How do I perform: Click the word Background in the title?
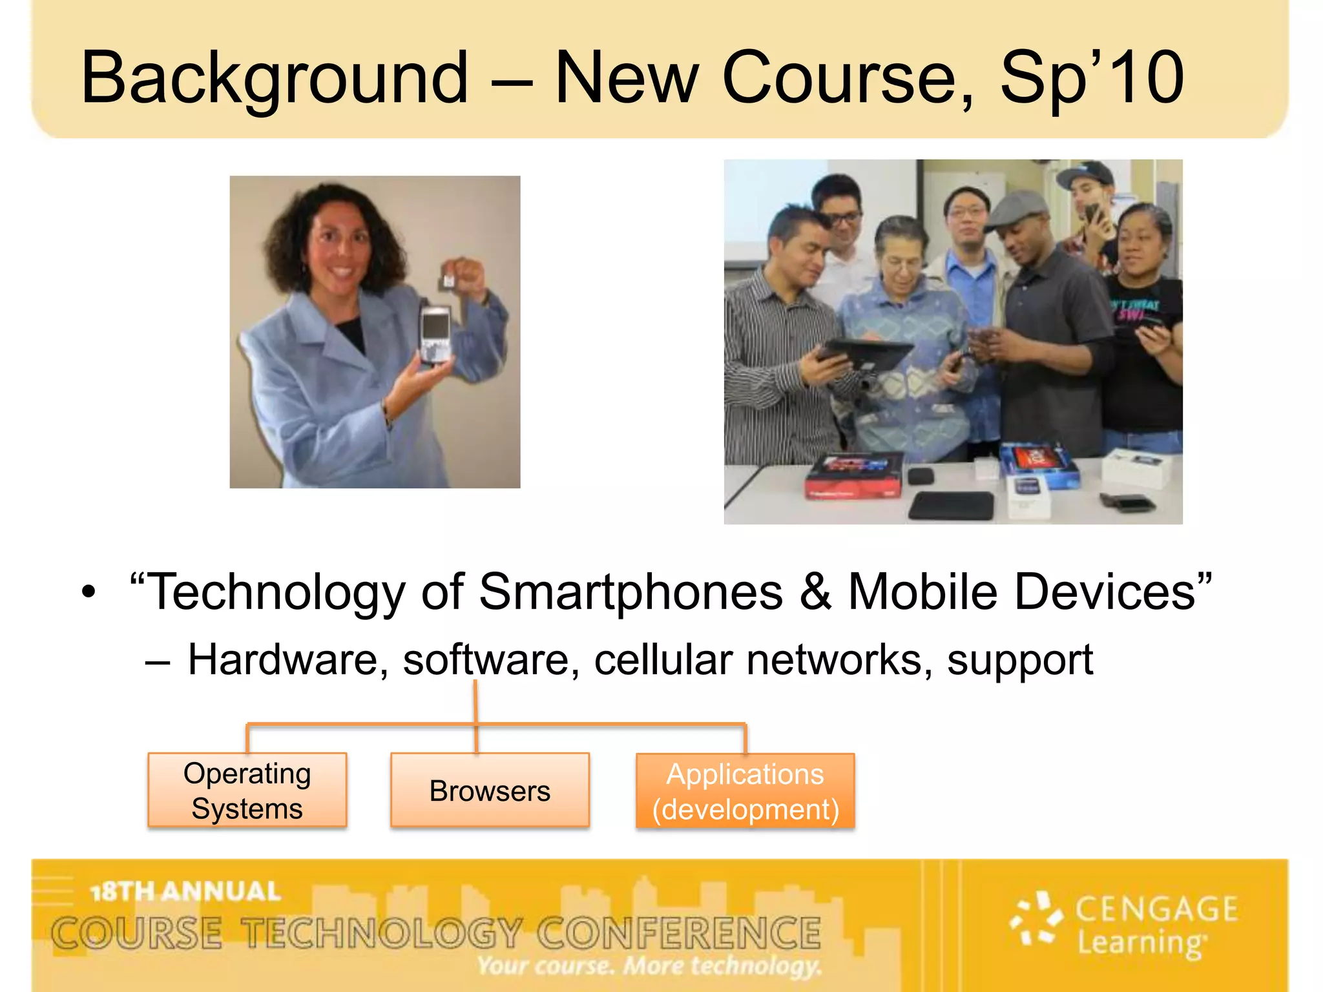pos(274,79)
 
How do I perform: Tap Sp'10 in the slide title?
pos(1092,79)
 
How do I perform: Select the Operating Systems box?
pos(247,790)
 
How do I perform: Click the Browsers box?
pos(490,790)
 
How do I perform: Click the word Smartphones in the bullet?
pos(630,592)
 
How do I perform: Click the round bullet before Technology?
pos(89,592)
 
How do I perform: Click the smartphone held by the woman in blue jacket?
pos(435,334)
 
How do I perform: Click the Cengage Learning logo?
pos(1124,925)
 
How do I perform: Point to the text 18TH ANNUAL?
pos(185,891)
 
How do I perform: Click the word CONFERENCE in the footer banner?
pos(678,933)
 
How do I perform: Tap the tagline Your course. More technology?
pos(649,966)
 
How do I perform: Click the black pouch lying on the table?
pos(952,505)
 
